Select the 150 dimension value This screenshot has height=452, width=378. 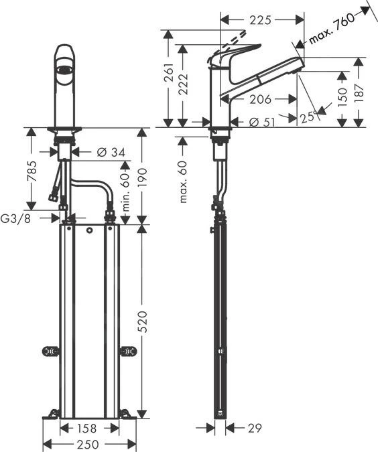tap(342, 96)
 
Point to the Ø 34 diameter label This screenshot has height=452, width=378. tap(111, 153)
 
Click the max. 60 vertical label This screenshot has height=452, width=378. tap(183, 183)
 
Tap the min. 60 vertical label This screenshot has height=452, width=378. tap(125, 192)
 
